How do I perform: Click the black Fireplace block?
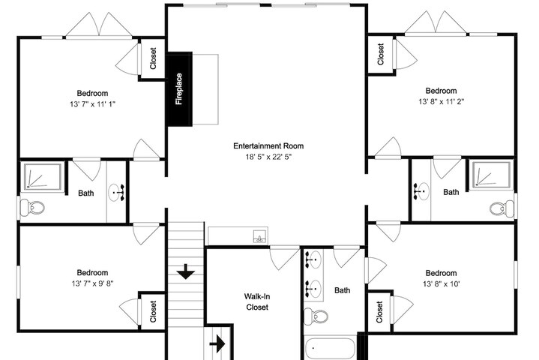click(x=179, y=89)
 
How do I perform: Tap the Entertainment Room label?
click(x=268, y=145)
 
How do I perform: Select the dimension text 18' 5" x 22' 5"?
click(x=268, y=157)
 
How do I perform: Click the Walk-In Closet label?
click(x=257, y=301)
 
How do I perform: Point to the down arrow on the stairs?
click(x=186, y=271)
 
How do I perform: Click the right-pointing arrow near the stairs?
click(x=217, y=343)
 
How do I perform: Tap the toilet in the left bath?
click(x=32, y=208)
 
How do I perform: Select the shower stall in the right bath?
click(x=491, y=175)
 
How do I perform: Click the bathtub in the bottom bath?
click(x=330, y=349)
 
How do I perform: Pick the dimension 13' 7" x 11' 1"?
click(x=92, y=104)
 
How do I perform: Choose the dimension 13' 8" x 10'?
click(x=442, y=284)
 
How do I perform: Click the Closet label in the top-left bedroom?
click(x=153, y=58)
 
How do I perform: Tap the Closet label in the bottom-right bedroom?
click(x=379, y=312)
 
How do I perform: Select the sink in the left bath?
click(x=116, y=193)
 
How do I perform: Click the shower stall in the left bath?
click(x=43, y=176)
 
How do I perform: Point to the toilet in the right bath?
click(x=502, y=208)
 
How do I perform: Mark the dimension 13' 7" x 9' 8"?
click(x=92, y=283)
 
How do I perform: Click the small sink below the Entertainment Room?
click(x=260, y=236)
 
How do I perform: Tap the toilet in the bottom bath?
click(x=316, y=316)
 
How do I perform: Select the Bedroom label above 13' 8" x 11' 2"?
click(x=441, y=91)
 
